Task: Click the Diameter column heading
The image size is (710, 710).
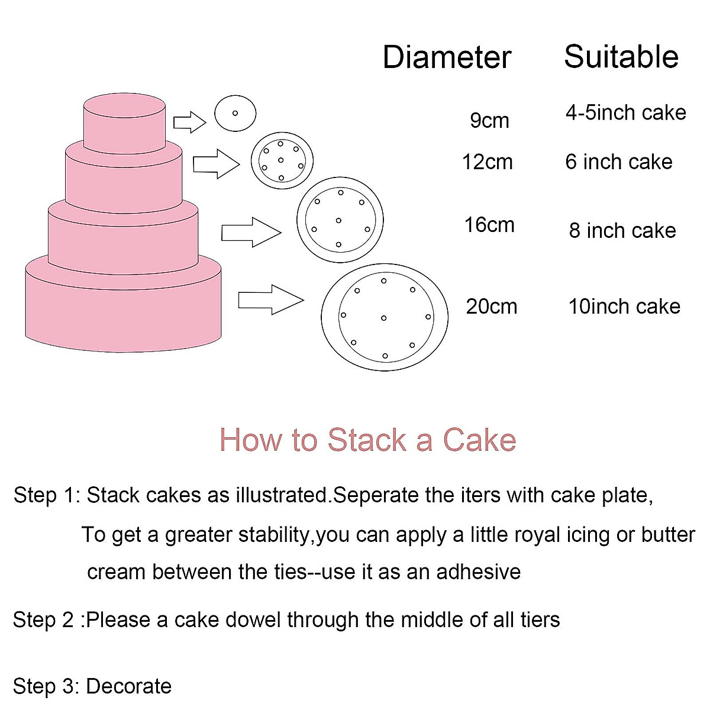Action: pos(447,57)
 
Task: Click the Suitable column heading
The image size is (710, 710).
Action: pos(621,57)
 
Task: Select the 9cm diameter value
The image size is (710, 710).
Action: pos(489,120)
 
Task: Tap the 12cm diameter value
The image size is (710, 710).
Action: pos(487,162)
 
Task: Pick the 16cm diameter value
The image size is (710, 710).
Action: pos(489,225)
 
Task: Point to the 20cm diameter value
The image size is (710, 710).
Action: pos(491,306)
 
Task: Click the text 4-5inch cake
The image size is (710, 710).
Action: pos(625,112)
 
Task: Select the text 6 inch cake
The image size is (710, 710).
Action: pos(618,162)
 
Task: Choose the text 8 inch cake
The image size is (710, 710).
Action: pos(622,230)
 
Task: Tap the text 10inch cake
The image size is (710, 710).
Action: pos(624,306)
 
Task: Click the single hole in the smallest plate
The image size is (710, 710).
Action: pos(235,113)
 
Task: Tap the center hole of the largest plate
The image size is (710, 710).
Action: pos(384,318)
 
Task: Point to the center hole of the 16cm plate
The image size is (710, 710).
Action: pos(338,221)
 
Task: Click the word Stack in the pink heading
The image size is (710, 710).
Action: pos(367,440)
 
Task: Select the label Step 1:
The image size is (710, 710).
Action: pos(46,495)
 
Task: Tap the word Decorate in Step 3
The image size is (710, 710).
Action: pos(128,686)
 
